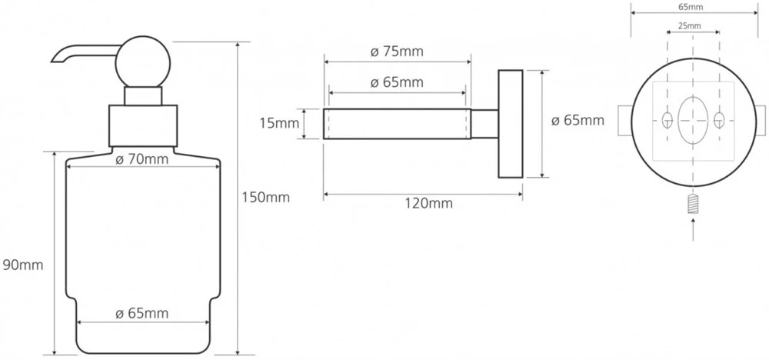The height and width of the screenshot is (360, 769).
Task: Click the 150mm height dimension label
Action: click(x=265, y=197)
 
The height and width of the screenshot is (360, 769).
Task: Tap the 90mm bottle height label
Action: click(x=22, y=265)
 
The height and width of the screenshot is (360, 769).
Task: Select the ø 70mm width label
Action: click(x=141, y=159)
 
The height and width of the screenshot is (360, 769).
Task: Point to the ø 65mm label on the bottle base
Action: click(x=141, y=313)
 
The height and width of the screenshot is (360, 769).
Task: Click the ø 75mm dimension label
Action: click(x=397, y=52)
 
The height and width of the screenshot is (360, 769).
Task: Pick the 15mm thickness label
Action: click(x=279, y=123)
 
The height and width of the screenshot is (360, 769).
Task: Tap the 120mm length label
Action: click(x=430, y=202)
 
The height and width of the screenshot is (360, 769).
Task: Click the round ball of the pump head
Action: click(x=143, y=62)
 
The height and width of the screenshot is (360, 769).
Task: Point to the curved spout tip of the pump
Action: click(x=54, y=60)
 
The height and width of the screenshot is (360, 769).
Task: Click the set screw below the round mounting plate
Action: click(x=693, y=204)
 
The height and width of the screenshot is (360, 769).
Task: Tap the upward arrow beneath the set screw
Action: click(x=693, y=229)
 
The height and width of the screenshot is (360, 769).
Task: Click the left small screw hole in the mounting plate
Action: click(x=667, y=119)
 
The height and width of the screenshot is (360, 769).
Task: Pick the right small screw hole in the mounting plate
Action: click(x=719, y=119)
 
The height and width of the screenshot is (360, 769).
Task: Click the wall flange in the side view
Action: click(x=511, y=124)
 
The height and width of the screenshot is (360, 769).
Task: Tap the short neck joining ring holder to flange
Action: click(x=484, y=124)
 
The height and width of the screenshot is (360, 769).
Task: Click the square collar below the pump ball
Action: click(x=143, y=125)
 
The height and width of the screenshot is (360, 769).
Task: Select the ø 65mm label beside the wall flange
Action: click(x=578, y=120)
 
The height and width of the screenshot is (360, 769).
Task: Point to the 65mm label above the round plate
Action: click(x=693, y=7)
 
